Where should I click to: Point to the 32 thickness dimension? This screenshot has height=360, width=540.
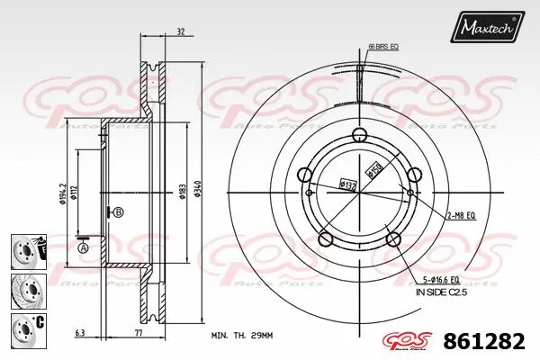tap(181, 31)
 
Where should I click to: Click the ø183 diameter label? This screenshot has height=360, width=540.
tap(181, 190)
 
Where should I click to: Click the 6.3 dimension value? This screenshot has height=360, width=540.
tap(81, 332)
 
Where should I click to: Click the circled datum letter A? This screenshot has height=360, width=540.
tap(84, 247)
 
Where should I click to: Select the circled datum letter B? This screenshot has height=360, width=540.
tap(118, 212)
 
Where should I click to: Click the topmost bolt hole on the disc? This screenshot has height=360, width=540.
tap(359, 135)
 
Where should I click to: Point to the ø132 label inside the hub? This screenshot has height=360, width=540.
tap(347, 185)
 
